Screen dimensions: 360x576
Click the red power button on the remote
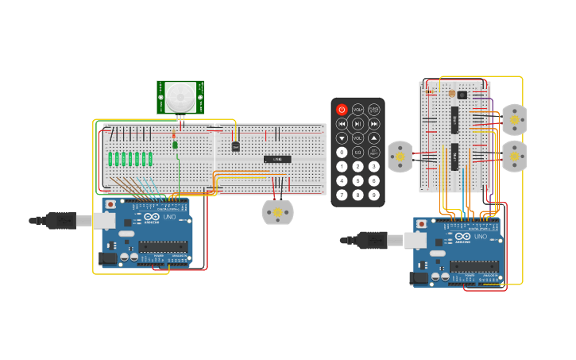pyautogui.click(x=342, y=110)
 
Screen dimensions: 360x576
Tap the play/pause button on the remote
pyautogui.click(x=358, y=124)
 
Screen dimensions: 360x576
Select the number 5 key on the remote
pyautogui.click(x=358, y=180)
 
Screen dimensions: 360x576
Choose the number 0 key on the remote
pyautogui.click(x=342, y=152)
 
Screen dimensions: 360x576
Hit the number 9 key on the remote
pyautogui.click(x=373, y=195)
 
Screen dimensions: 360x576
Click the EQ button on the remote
pyautogui.click(x=358, y=152)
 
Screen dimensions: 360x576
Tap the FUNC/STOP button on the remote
pyautogui.click(x=373, y=110)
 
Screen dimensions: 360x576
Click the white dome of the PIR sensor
pyautogui.click(x=180, y=98)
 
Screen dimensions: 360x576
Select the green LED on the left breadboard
pyautogui.click(x=175, y=144)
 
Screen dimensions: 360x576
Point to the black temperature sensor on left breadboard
pyautogui.click(x=235, y=146)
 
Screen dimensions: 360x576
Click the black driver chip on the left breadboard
pyautogui.click(x=277, y=159)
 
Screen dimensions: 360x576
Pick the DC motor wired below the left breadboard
pyautogui.click(x=277, y=212)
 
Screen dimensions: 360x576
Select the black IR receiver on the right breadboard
pyautogui.click(x=462, y=95)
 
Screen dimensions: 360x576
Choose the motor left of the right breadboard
pyautogui.click(x=400, y=157)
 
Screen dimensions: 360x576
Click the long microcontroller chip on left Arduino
pyautogui.click(x=164, y=246)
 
